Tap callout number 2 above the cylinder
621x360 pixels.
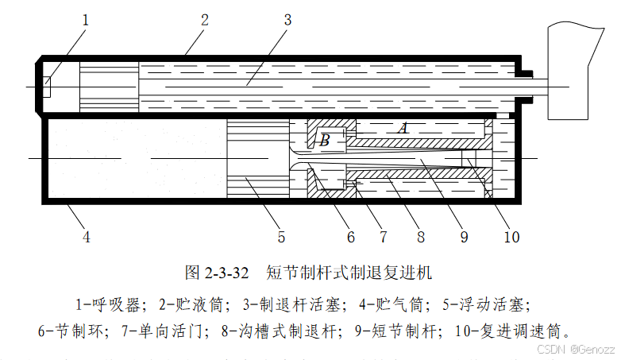pos(204,19)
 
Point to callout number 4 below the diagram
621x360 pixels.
pos(86,236)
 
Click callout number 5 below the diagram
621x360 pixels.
pos(281,236)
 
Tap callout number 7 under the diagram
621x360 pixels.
pos(383,236)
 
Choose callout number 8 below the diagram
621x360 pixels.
pos(420,236)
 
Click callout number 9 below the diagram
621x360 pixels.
pos(465,236)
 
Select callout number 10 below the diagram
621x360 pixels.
pos(511,236)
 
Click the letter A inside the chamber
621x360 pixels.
pos(403,127)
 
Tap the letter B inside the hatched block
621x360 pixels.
pos(324,141)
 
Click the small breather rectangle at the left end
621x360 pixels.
pos(46,87)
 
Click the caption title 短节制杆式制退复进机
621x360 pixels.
pos(349,273)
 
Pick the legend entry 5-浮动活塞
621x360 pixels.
pos(483,304)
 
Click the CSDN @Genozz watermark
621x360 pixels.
pos(575,349)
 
